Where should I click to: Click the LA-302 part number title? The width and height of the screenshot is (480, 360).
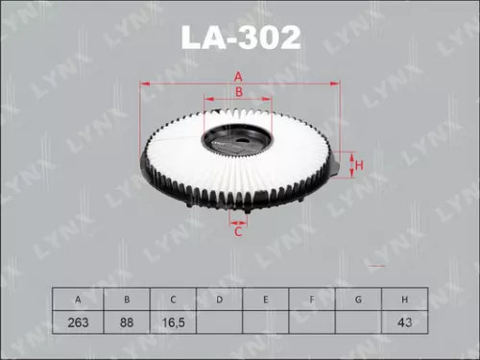click(x=240, y=37)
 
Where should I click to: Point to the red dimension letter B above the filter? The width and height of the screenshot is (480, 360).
click(x=239, y=91)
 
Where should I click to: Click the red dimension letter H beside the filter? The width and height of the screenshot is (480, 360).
click(x=359, y=165)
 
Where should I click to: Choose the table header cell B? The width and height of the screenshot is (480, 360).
click(x=126, y=300)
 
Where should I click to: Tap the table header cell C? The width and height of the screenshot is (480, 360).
click(x=173, y=300)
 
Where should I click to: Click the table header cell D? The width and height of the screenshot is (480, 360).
click(x=219, y=300)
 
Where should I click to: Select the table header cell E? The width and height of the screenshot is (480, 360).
click(x=265, y=300)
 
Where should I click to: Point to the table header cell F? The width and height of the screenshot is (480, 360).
click(x=312, y=300)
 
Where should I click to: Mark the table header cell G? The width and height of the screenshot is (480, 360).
click(x=358, y=300)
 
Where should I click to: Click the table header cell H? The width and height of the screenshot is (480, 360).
click(x=405, y=300)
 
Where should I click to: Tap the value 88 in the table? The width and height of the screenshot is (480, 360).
click(x=126, y=324)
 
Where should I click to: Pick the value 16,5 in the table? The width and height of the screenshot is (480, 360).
click(x=173, y=324)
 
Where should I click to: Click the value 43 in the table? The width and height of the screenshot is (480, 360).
click(x=405, y=324)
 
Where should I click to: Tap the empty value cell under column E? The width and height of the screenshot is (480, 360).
click(x=265, y=324)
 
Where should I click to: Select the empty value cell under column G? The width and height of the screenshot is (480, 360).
click(x=358, y=324)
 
